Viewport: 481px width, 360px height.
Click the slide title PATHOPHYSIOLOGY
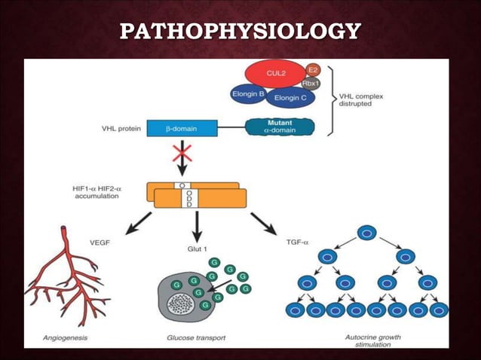pos(240,32)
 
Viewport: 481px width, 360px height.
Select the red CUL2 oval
pos(274,74)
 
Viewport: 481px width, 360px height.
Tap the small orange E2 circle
pos(313,69)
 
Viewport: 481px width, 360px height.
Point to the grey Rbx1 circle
pos(311,83)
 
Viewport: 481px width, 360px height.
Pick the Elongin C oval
pos(290,97)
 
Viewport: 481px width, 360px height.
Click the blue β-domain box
pos(182,128)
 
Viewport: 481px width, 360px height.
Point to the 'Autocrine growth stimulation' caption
pos(368,341)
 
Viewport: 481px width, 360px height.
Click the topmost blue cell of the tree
pos(366,233)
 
